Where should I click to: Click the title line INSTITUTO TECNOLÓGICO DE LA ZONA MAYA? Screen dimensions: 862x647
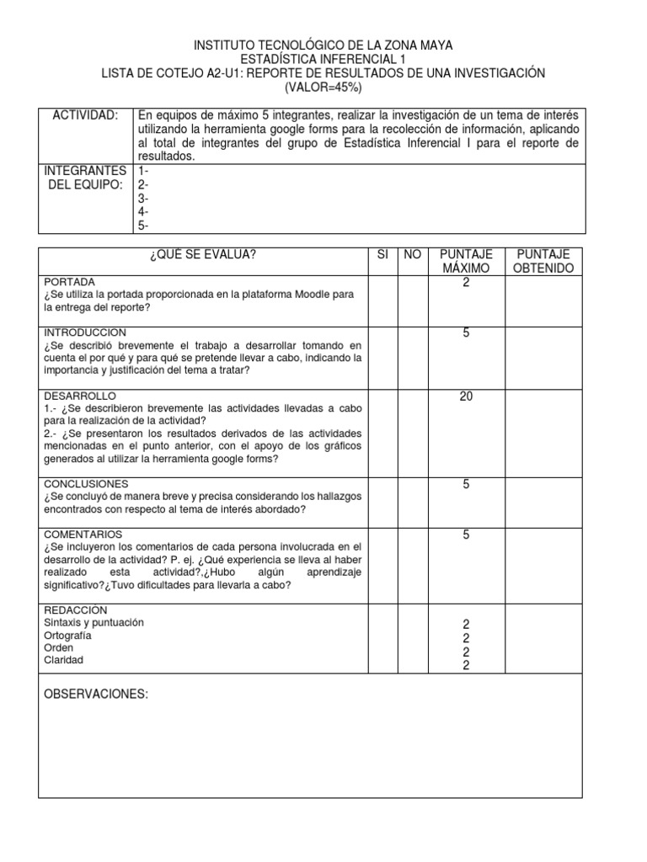point(323,45)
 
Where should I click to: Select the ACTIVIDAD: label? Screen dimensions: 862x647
point(85,115)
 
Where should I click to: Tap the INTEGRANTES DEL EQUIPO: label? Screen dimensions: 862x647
point(85,178)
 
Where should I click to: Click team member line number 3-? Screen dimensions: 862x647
point(143,199)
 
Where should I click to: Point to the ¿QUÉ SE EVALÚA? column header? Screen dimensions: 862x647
point(203,255)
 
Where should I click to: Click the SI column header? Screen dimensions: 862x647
point(382,255)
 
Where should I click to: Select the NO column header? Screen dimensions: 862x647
point(412,255)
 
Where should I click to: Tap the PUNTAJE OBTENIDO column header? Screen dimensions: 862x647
point(543,261)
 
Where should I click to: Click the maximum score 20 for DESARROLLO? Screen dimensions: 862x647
point(466,396)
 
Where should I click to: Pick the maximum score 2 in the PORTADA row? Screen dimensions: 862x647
point(466,283)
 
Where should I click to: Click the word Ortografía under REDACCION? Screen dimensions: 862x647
point(68,636)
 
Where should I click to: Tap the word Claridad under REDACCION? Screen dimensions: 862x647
point(64,661)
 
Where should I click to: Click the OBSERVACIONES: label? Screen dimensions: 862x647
point(96,694)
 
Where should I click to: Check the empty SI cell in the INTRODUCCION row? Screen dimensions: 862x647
point(382,358)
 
